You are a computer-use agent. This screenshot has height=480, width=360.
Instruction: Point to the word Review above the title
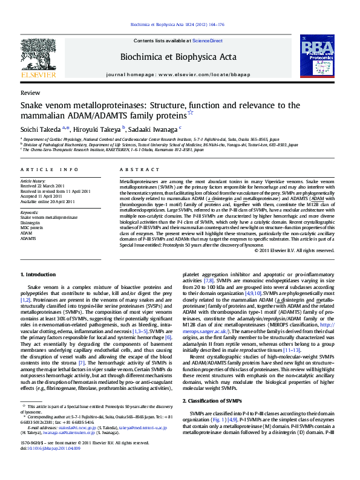(x=30, y=94)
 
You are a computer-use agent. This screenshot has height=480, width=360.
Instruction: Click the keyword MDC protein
(x=33, y=226)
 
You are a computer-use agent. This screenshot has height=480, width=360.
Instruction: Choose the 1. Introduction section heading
(x=38, y=274)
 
